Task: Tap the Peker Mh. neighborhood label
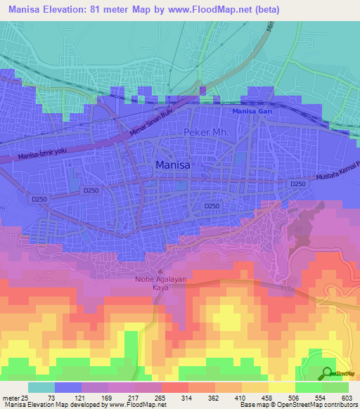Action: pos(206,133)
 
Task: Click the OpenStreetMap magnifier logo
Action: pos(328,374)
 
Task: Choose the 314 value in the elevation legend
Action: pos(186,397)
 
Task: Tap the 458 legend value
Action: pos(266,397)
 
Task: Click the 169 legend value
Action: pos(106,397)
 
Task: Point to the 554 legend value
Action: pos(320,397)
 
